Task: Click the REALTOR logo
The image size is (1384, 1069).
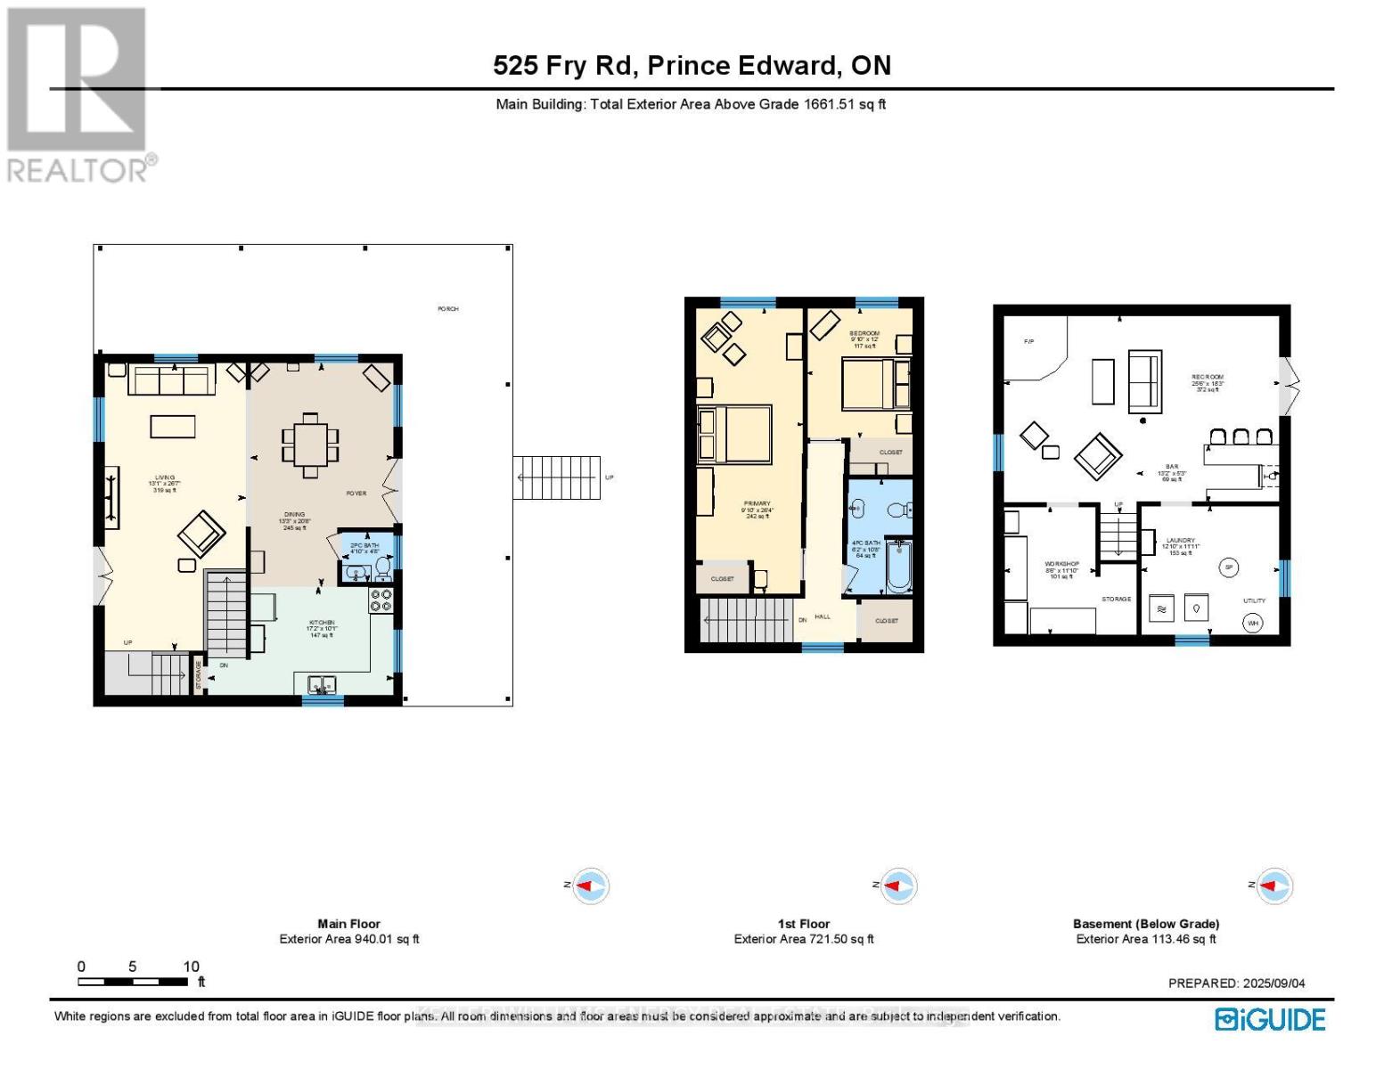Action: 78,94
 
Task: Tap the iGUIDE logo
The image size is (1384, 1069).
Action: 1270,1019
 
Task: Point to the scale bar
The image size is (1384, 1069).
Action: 133,982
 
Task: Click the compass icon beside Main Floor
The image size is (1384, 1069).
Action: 590,886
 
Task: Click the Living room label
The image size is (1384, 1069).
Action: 164,483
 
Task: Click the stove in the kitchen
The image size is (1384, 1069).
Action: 381,600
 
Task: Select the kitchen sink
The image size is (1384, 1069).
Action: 321,685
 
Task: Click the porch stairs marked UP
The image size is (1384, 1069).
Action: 556,477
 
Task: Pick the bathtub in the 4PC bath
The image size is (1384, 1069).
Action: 898,567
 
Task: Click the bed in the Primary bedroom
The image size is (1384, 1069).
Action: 734,434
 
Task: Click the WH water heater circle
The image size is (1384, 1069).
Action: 1253,623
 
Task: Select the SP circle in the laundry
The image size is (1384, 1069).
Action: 1229,567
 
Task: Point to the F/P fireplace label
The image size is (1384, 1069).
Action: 1028,341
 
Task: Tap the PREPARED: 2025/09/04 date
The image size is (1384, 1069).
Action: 1236,983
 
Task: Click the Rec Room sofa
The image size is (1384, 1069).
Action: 1144,382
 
